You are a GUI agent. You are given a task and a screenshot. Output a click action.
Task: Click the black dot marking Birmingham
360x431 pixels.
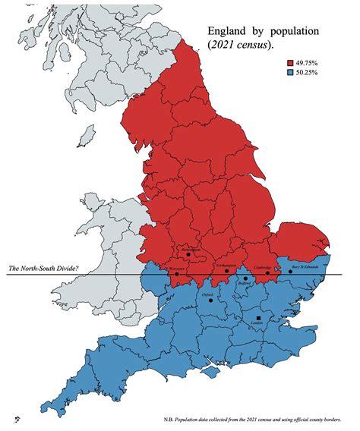(188, 254)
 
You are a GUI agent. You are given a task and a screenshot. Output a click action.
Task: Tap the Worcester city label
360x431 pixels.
(177, 269)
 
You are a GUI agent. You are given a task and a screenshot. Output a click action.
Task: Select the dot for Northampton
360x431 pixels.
(226, 270)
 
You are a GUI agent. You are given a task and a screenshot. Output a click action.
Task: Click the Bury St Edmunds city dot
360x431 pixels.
(289, 271)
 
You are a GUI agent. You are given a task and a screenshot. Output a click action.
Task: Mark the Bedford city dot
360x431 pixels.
(245, 278)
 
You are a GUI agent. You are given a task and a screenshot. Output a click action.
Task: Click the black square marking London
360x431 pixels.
(258, 319)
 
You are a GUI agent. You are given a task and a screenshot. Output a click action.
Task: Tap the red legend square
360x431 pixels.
(290, 62)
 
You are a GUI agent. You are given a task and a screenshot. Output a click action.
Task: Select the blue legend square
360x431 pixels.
(290, 72)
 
